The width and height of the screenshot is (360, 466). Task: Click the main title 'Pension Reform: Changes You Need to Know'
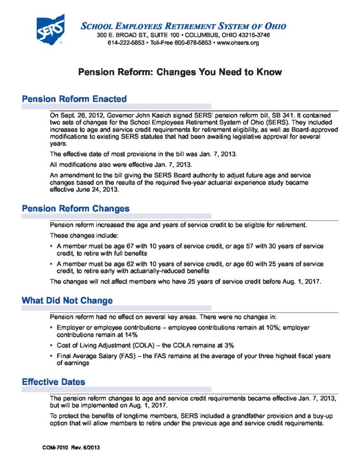[x=180, y=72]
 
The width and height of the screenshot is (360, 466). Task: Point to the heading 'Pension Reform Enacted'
[x=74, y=99]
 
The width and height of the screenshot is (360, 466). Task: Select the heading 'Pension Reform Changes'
[x=76, y=208]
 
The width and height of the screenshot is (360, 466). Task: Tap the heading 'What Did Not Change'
[x=67, y=301]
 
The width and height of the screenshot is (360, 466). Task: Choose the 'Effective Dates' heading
[x=54, y=382]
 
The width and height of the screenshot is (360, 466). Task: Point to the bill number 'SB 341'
[x=263, y=116]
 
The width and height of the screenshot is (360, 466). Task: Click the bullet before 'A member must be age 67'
[x=51, y=246]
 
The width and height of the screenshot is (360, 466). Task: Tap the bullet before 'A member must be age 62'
[x=51, y=264]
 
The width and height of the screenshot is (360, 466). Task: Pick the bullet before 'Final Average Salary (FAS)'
[x=51, y=356]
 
